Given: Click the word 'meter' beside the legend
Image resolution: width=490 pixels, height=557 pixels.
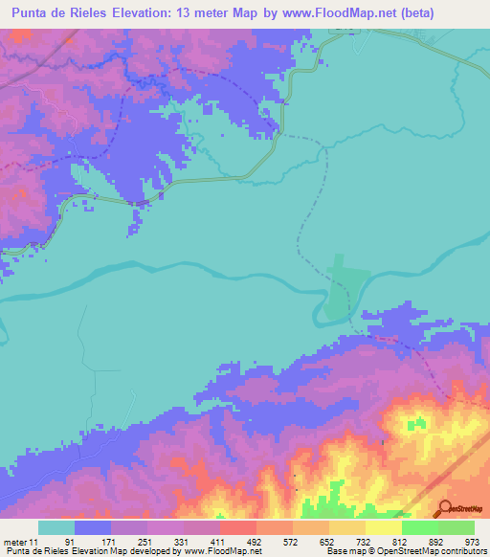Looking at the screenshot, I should pos(14,542).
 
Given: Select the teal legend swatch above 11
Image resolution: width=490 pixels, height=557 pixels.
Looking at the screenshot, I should pos(56,527).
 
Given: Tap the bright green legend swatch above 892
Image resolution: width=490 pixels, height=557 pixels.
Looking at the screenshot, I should pos(419,527).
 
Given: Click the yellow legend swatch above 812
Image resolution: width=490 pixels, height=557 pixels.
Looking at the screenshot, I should pos(383,527).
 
